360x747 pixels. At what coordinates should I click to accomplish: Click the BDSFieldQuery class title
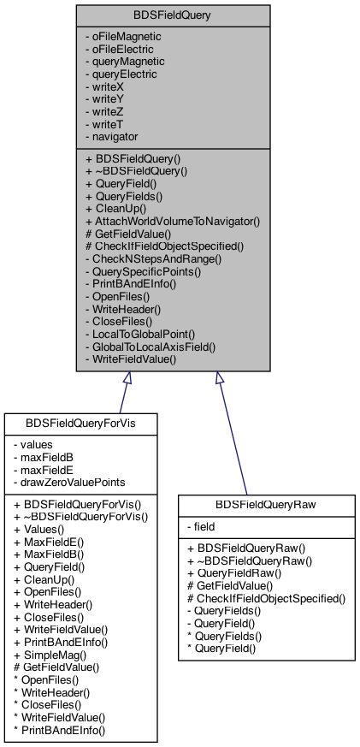173,15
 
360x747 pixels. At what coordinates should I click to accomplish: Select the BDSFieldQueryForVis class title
81,424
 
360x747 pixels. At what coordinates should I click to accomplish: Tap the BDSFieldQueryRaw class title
266,505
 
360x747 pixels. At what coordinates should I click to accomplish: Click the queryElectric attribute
121,74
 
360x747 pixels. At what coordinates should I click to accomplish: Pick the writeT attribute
105,124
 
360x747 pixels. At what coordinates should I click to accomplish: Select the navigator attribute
111,137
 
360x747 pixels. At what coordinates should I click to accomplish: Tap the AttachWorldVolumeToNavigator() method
172,221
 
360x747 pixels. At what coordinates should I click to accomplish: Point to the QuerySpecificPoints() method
143,271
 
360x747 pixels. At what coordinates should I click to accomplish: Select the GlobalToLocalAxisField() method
150,347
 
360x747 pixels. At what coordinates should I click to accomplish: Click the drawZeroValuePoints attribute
69,482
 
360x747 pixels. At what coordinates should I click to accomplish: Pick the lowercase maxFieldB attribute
44,457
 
